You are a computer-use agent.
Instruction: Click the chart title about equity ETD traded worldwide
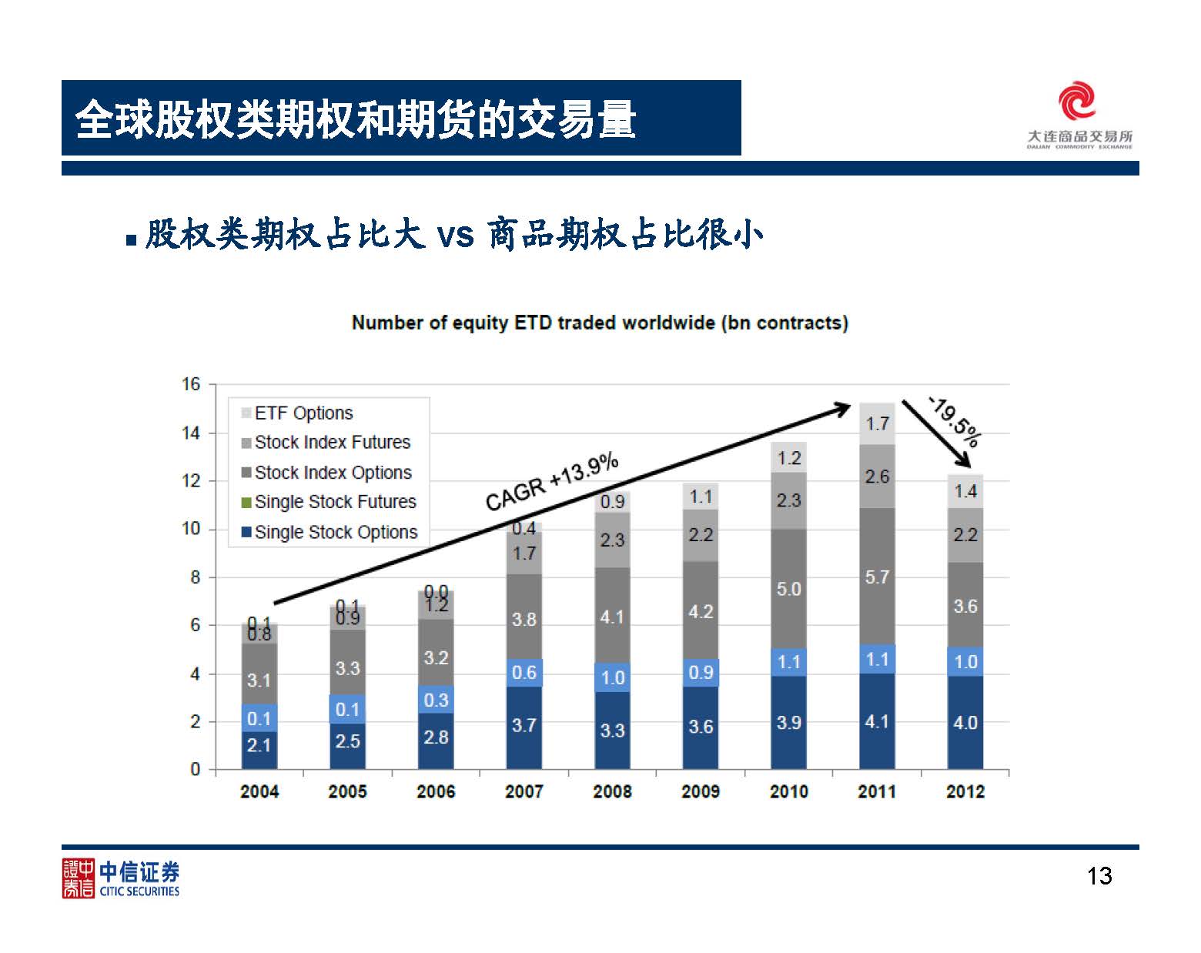coord(600,323)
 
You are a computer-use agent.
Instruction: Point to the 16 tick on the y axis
coord(190,384)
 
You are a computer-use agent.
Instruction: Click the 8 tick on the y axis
coord(195,577)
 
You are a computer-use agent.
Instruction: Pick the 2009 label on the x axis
coord(700,791)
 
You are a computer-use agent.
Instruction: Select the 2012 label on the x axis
coord(965,791)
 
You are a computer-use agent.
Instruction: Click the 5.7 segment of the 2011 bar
coord(877,577)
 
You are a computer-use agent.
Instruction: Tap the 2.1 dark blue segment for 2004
coord(259,745)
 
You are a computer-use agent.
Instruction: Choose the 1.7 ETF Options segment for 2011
coord(877,423)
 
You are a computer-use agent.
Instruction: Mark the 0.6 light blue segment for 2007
coord(524,672)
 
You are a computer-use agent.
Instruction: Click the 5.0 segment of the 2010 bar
coord(788,589)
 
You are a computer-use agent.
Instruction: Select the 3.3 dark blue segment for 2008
coord(612,730)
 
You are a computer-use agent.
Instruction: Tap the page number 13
coord(1099,876)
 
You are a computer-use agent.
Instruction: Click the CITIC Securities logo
coord(121,878)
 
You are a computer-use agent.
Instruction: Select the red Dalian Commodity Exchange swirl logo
coord(1077,102)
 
